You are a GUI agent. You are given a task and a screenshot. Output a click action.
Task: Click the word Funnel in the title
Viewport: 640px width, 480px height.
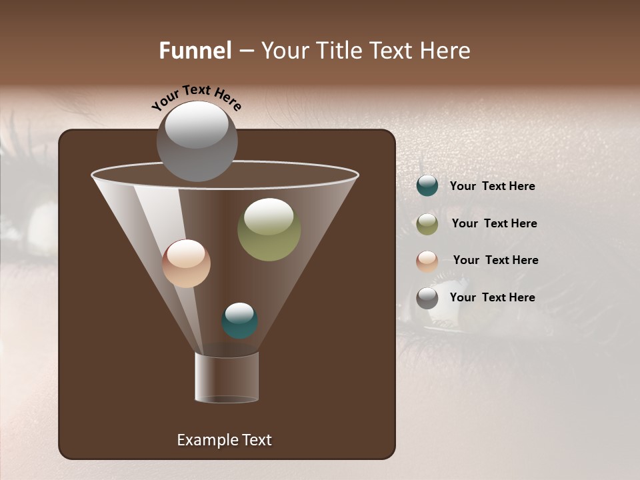point(195,51)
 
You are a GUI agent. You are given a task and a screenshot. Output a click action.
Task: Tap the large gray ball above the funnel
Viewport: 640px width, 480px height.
point(197,141)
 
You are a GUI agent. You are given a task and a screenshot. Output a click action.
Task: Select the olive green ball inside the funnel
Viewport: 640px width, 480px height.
point(269,229)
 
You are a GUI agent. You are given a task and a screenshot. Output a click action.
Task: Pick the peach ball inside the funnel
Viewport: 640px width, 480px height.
point(186,263)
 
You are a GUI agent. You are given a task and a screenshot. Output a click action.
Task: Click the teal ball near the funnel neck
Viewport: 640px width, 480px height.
point(239,320)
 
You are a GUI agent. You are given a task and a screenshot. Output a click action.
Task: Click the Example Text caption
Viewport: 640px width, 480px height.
point(224,440)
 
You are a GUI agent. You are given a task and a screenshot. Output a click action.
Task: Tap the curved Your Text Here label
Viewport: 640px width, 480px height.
point(196,97)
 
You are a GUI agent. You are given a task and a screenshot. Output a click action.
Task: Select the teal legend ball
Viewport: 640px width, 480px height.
point(427,186)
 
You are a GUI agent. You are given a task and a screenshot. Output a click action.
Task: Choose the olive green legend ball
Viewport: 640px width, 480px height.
point(427,224)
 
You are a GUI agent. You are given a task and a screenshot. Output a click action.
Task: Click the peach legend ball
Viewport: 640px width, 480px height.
point(427,261)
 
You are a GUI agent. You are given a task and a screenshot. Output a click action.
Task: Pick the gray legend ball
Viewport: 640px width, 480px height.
point(427,298)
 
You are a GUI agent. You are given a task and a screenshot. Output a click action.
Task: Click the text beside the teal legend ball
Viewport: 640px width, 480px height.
point(492,186)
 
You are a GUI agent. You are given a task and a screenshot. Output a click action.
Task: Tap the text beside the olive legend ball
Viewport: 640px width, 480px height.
point(494,223)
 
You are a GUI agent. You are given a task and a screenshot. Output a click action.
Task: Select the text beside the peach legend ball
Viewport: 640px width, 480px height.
point(495,260)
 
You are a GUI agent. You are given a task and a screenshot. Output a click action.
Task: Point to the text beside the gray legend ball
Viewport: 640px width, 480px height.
point(492,297)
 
